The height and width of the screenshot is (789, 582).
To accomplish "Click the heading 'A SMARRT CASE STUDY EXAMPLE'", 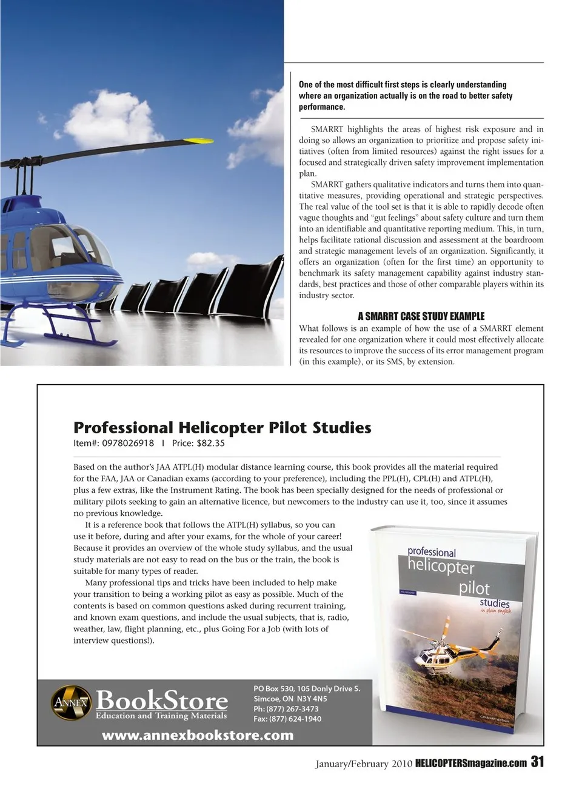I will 421,316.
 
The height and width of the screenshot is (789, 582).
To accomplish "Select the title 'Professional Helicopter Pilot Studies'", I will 222,428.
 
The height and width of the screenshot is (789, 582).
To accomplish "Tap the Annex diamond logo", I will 70,702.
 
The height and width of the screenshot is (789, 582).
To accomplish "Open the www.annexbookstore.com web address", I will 198,735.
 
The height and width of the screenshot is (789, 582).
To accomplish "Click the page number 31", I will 537,762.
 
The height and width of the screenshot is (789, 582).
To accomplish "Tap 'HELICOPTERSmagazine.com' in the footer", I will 471,764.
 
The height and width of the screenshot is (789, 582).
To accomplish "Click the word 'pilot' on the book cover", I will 474,588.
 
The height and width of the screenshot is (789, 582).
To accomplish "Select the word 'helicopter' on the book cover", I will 441,567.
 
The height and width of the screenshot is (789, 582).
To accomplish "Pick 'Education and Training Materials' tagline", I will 161,716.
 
